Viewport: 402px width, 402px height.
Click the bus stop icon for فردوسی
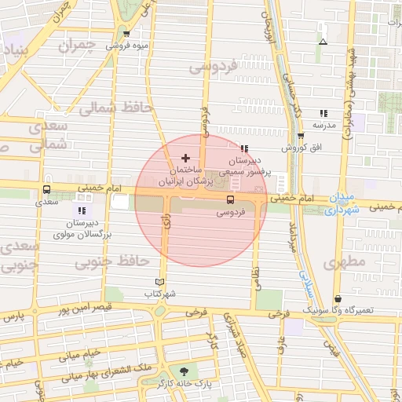pyautogui.click(x=230, y=199)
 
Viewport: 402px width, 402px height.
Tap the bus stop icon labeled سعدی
pyautogui.click(x=46, y=189)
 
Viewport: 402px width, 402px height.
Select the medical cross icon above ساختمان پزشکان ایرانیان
pyautogui.click(x=185, y=159)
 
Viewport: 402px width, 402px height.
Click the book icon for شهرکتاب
pyautogui.click(x=160, y=282)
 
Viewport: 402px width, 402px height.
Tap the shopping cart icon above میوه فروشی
pyautogui.click(x=126, y=34)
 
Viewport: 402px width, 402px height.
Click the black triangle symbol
pyautogui.click(x=323, y=42)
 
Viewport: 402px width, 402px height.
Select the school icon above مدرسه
pyautogui.click(x=323, y=114)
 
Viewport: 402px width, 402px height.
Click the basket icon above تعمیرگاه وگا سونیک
pyautogui.click(x=338, y=298)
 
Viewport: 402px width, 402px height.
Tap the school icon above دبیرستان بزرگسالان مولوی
pyautogui.click(x=82, y=211)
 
